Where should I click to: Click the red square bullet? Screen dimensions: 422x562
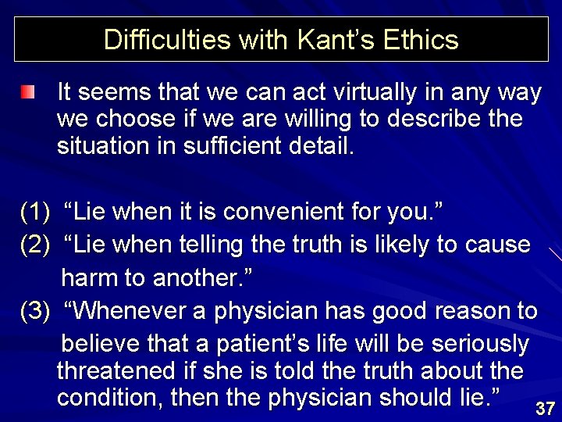29,94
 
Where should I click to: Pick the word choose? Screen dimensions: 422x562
140,120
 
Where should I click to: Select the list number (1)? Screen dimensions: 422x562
36,211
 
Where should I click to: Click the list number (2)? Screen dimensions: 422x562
36,245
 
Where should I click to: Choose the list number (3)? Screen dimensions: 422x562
36,311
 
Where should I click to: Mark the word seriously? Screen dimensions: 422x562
476,344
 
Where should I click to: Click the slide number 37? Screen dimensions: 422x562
545,408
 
